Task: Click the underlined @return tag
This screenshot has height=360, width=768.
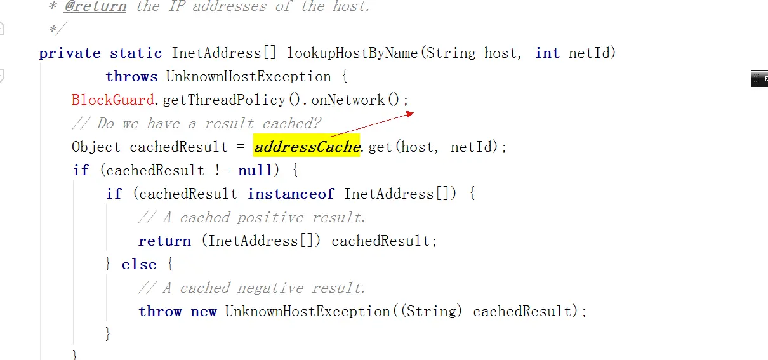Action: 95,6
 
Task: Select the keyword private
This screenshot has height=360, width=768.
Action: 69,53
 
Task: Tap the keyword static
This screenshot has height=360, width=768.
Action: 135,53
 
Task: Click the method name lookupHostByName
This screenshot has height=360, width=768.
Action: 352,53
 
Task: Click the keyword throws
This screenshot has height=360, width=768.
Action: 131,77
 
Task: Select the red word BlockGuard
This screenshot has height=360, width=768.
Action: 113,100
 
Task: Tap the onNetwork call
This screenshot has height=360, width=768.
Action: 348,100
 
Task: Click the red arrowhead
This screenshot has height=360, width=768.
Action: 410,114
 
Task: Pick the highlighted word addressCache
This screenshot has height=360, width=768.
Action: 307,147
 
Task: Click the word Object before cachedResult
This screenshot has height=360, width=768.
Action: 96,147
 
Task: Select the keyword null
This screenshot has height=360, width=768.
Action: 255,171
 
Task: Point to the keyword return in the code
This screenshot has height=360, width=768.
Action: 164,241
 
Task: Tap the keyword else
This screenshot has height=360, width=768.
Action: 139,265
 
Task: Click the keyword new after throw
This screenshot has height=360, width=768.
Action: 204,312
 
